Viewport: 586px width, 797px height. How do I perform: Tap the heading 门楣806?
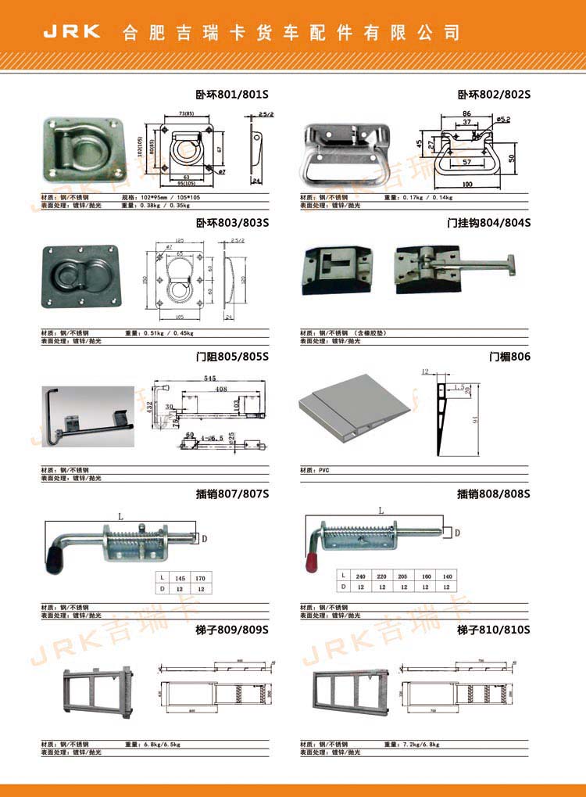[509, 357]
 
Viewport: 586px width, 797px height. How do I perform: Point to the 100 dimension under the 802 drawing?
[467, 184]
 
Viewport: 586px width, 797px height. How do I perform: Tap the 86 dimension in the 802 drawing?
[466, 114]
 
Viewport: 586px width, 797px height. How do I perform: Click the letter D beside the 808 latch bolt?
[458, 533]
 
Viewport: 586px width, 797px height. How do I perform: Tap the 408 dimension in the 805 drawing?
[221, 389]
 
